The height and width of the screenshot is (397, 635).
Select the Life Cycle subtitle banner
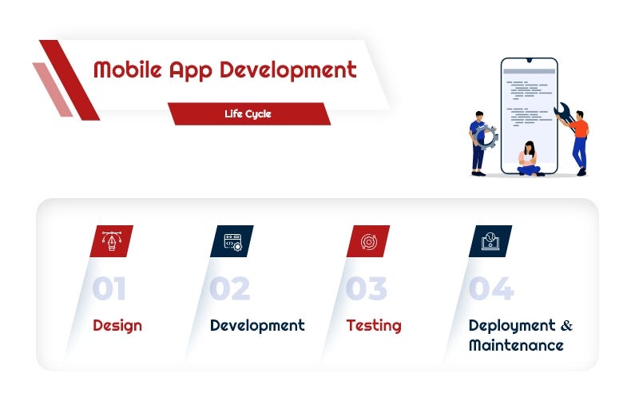click(x=248, y=114)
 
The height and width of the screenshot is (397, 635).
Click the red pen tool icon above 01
click(x=111, y=241)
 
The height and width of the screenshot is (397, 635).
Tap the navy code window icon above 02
click(x=232, y=241)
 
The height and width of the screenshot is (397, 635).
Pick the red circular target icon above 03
click(x=367, y=241)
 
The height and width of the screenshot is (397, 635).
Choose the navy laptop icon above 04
click(x=490, y=241)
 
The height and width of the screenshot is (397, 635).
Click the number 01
click(x=109, y=289)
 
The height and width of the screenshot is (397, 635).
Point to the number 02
click(x=230, y=289)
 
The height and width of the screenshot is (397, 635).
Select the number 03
click(x=367, y=289)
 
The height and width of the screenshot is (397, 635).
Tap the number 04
click(x=490, y=289)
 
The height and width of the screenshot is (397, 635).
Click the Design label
click(x=117, y=326)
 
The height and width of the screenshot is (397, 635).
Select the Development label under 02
click(x=257, y=326)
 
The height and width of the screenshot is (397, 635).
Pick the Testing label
click(x=374, y=326)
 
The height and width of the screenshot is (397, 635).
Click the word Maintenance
click(x=516, y=346)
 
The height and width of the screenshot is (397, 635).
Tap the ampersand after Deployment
click(x=567, y=326)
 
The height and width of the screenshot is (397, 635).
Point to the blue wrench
click(x=563, y=113)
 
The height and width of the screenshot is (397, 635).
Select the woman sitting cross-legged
click(x=528, y=159)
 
